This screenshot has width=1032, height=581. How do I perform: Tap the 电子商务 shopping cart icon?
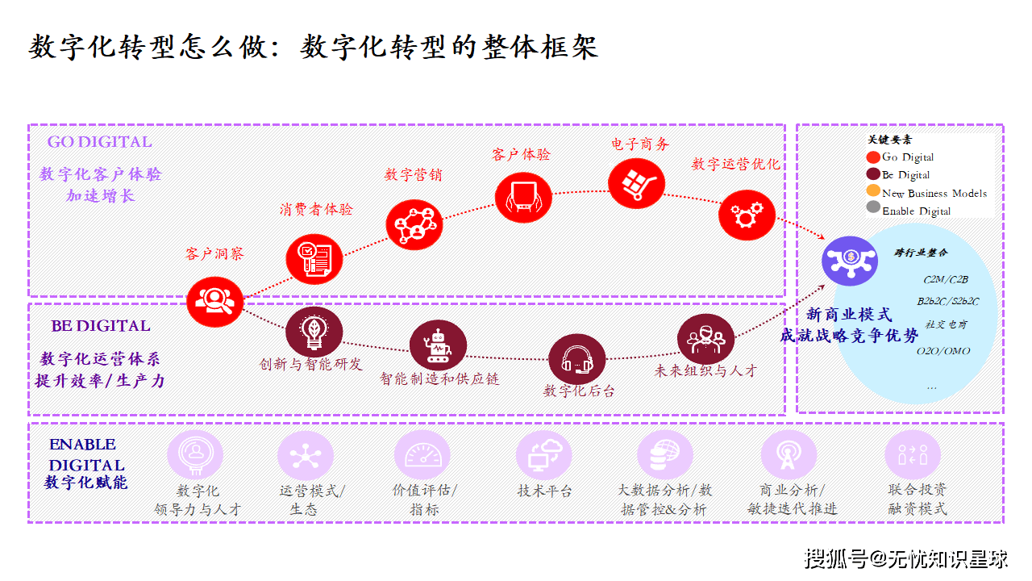[637, 183]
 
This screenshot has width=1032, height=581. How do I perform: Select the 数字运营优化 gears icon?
[747, 215]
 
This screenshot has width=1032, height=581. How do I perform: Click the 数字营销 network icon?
[414, 224]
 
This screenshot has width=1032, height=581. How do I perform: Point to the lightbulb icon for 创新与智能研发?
[314, 332]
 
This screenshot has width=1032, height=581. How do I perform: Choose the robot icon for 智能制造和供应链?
[438, 345]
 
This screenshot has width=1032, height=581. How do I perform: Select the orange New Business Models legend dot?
[872, 191]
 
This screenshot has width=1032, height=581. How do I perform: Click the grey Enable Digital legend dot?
[872, 208]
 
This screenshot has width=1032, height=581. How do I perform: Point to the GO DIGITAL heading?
[99, 142]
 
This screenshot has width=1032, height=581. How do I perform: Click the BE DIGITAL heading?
[101, 326]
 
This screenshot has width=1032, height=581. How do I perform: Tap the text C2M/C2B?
[946, 280]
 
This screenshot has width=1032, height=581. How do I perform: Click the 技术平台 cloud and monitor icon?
[544, 454]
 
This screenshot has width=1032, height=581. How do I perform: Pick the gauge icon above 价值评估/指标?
[422, 454]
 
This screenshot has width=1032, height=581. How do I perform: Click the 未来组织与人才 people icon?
[705, 340]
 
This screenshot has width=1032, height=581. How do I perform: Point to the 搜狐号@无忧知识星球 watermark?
[906, 558]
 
